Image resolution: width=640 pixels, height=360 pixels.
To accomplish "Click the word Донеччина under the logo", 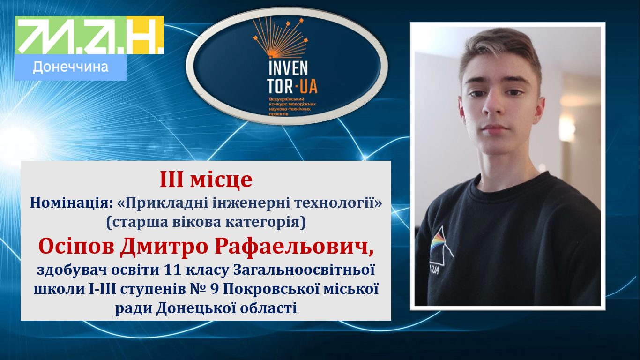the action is pyautogui.click(x=71, y=67).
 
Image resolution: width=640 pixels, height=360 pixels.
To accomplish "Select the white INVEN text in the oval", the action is pyautogui.click(x=288, y=68).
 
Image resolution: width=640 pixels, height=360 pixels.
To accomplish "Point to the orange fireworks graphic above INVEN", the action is pyautogui.click(x=281, y=37).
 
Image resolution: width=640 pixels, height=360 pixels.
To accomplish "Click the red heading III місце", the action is pyautogui.click(x=206, y=180).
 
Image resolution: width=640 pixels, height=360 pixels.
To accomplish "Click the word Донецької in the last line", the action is pyautogui.click(x=195, y=308).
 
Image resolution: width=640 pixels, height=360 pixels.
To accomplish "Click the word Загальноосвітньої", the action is pyautogui.click(x=304, y=270).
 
